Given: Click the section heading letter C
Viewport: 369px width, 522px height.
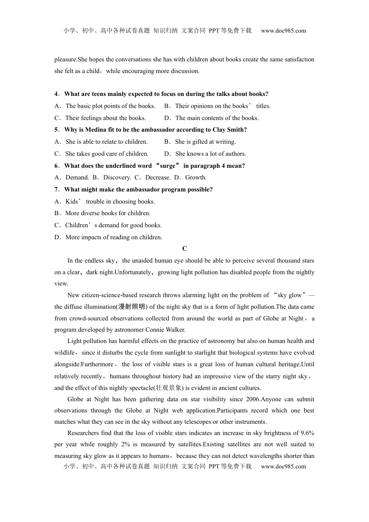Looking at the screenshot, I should point(184,249).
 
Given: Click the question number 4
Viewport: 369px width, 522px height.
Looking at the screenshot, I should point(56,94).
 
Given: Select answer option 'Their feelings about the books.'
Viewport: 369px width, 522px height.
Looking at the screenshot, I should point(105,118).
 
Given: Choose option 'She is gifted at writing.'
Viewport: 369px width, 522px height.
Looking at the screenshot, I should point(205,142).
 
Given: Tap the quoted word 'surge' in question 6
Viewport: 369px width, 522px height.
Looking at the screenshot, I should point(168,166).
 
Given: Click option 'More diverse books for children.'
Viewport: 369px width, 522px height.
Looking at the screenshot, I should point(108,213).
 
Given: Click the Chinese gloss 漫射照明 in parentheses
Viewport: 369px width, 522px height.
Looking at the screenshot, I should point(132,307).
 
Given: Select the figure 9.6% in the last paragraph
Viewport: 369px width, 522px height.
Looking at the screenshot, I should point(306,433).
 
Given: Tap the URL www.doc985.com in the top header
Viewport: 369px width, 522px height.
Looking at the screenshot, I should point(283,31).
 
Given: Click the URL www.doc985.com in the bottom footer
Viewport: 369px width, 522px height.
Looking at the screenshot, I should point(283,466).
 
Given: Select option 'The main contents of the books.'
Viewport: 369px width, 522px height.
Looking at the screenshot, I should point(217,118).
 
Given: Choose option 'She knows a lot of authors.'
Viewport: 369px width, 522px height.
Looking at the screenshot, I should point(210,154).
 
